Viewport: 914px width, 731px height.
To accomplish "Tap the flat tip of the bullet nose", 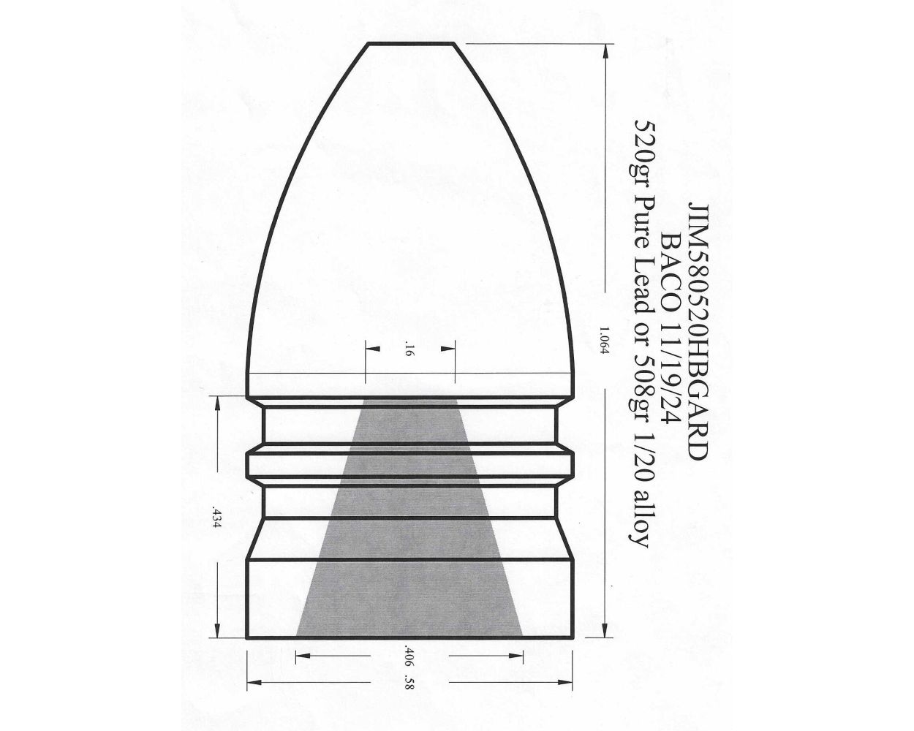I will click(x=412, y=44).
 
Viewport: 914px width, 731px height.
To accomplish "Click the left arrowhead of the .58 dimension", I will click(x=253, y=684).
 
